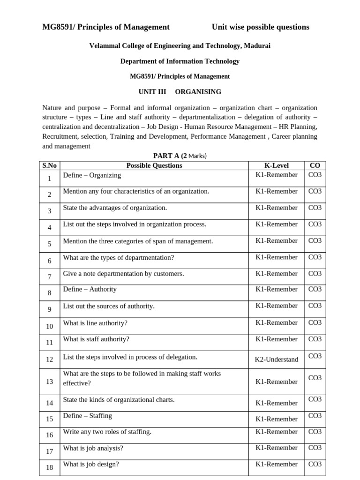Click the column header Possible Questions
click(x=154, y=165)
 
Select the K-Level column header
click(x=276, y=165)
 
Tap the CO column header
click(x=315, y=165)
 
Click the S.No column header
click(x=49, y=165)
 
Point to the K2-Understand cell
click(x=276, y=360)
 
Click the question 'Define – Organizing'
click(x=92, y=175)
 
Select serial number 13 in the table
click(x=50, y=382)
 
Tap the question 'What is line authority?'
click(x=95, y=323)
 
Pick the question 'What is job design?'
click(x=91, y=465)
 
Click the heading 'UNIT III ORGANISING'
click(x=180, y=92)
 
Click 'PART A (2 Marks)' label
click(x=180, y=156)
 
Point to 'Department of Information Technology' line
click(x=180, y=61)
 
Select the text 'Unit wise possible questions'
click(x=260, y=27)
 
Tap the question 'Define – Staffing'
click(x=88, y=416)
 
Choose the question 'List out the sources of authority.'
click(x=109, y=306)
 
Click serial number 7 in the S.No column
click(x=50, y=277)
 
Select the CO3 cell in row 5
click(x=315, y=241)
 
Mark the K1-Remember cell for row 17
click(x=276, y=448)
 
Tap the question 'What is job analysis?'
click(x=93, y=448)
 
